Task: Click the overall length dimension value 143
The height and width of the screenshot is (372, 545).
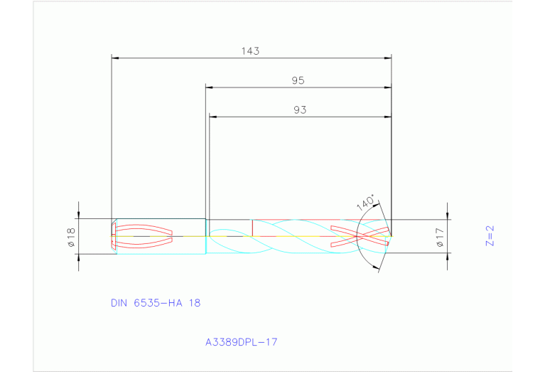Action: tap(250, 51)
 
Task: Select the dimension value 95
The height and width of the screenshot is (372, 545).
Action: tap(298, 81)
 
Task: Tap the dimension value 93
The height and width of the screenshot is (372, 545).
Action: tap(299, 110)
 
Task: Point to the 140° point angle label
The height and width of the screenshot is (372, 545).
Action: tap(365, 203)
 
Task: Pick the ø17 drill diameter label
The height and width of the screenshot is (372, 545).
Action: tap(440, 237)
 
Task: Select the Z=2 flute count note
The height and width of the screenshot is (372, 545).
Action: tap(490, 235)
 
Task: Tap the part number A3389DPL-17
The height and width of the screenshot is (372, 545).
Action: tap(241, 342)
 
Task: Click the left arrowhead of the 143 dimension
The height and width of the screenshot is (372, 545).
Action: tap(116, 58)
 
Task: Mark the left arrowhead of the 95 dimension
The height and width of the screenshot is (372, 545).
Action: tap(209, 87)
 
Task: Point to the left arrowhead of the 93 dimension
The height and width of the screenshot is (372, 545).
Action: tap(212, 117)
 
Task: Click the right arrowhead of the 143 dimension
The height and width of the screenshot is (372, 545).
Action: tap(388, 58)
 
